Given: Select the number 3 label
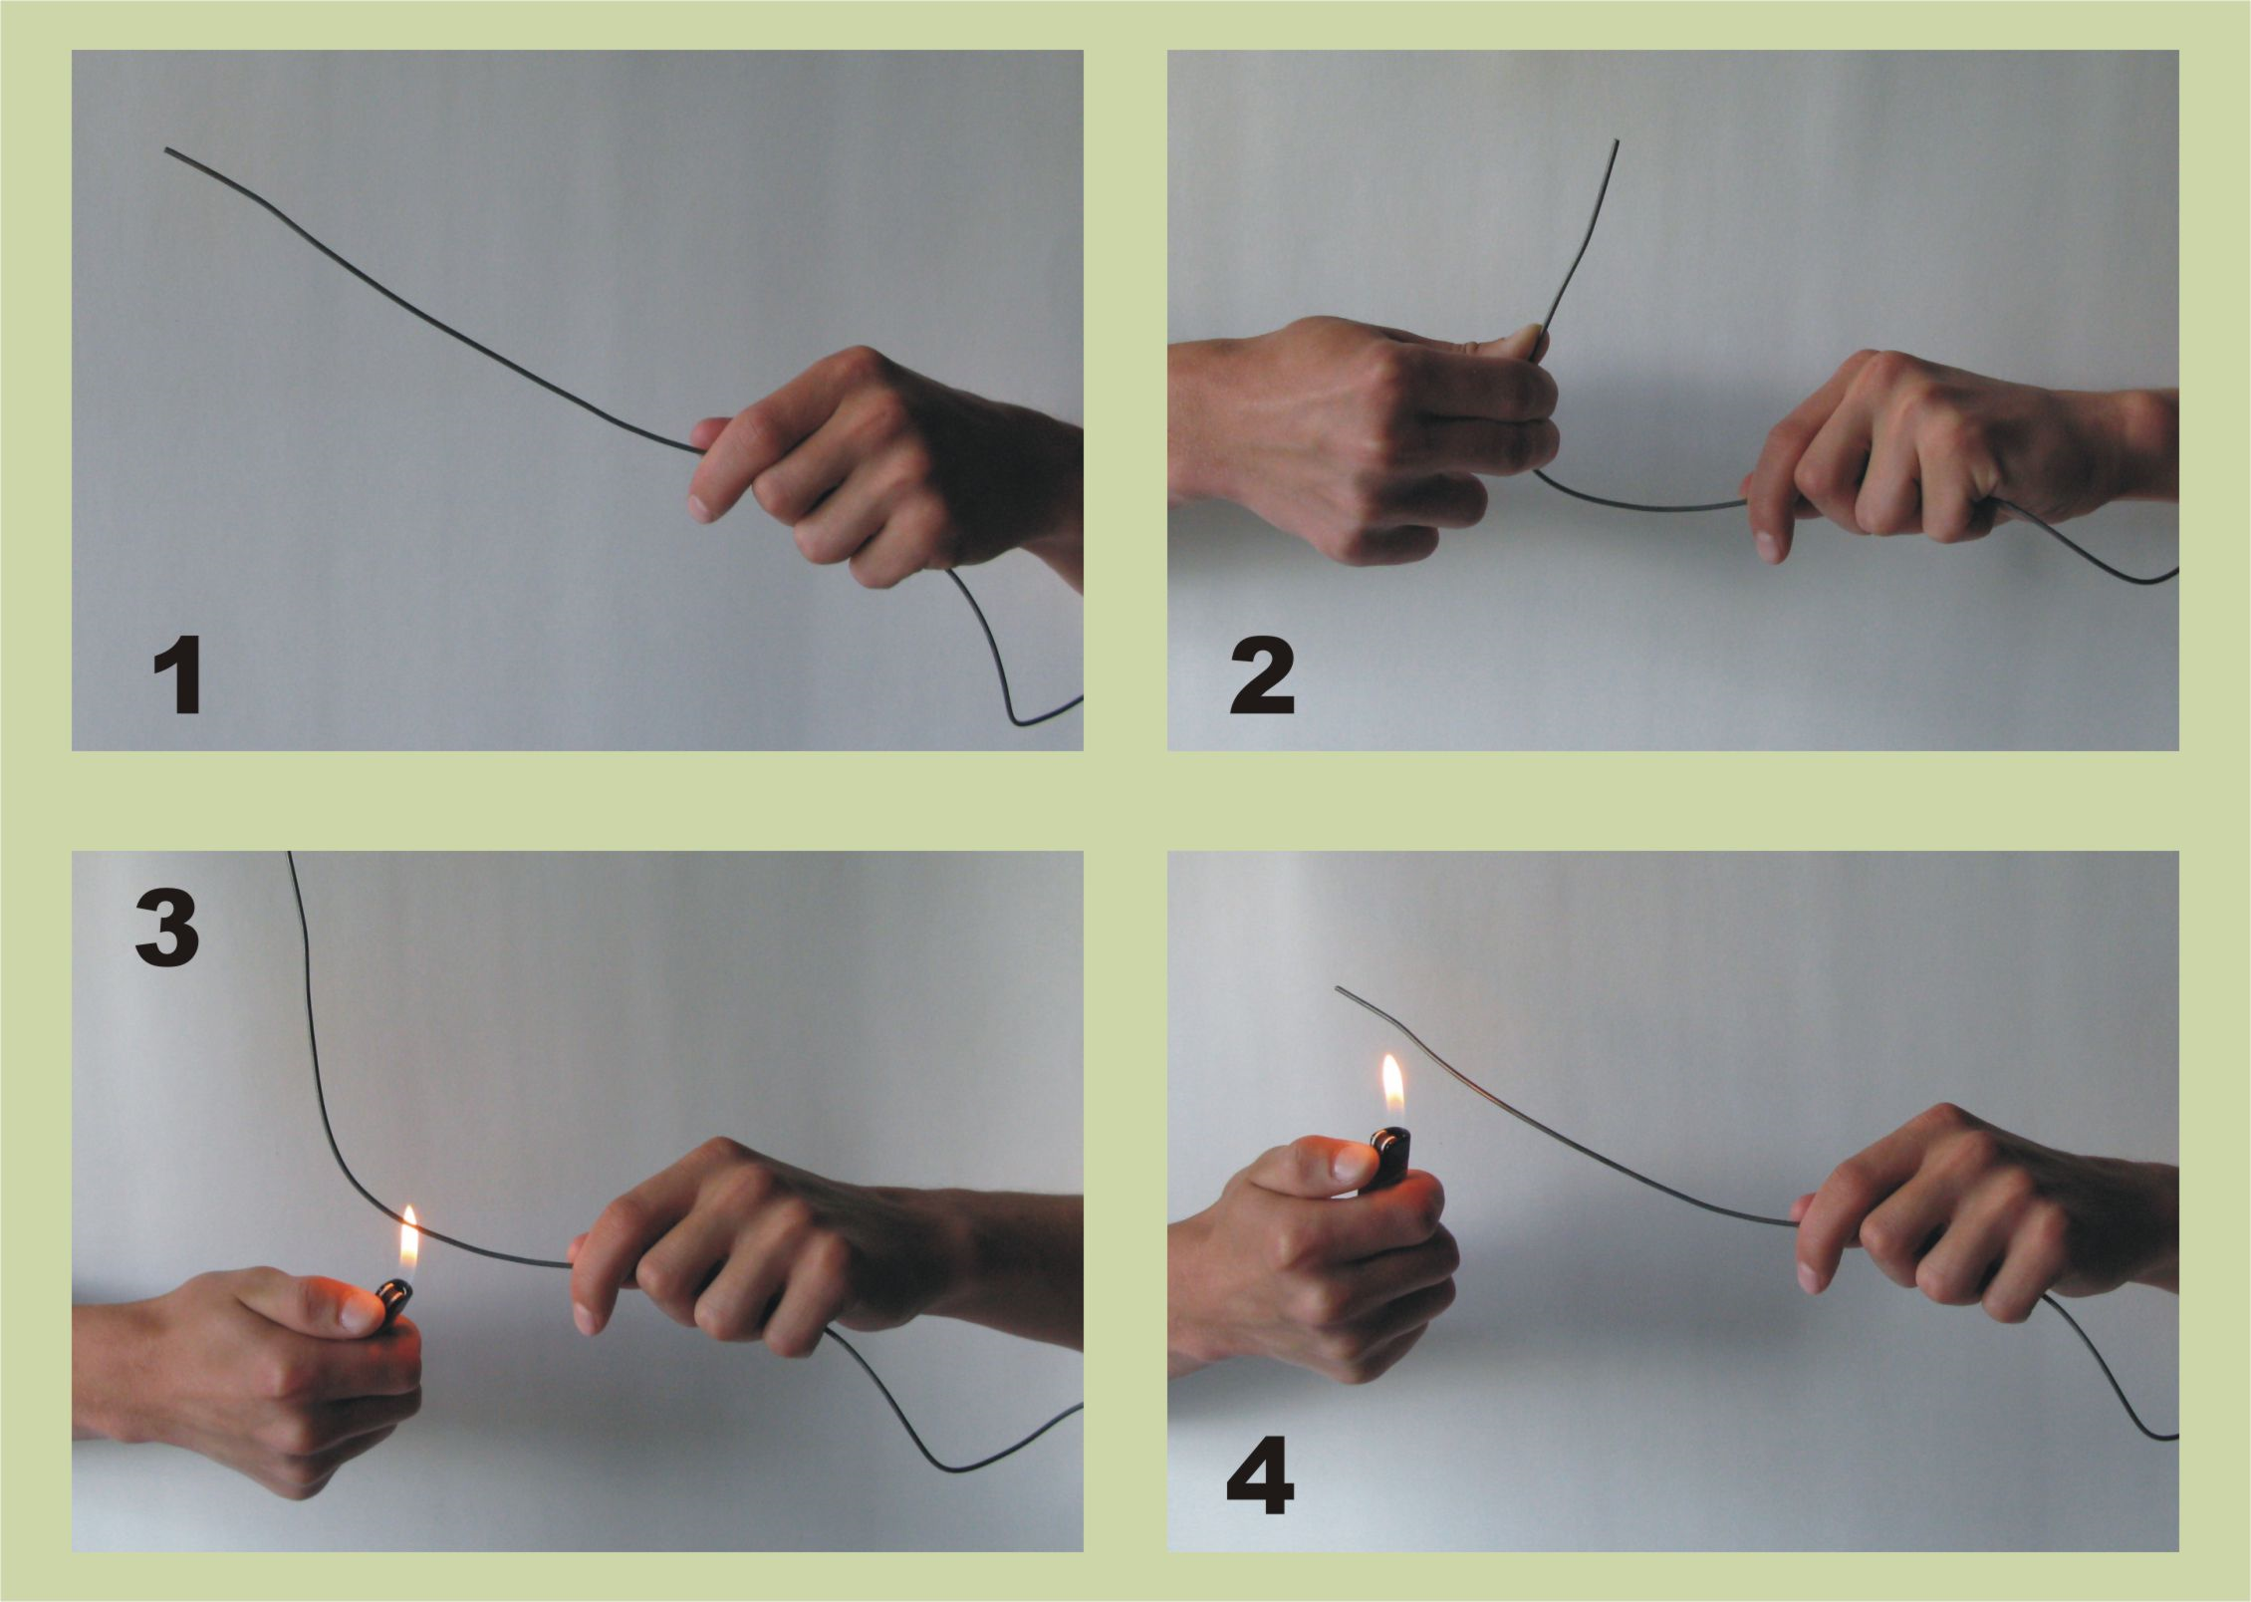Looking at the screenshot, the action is (167, 929).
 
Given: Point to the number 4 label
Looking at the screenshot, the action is (1261, 1480).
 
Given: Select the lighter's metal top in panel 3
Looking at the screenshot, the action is (395, 1294).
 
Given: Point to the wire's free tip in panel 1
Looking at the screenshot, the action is (167, 150).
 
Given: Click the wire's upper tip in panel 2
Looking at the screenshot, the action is (1617, 142).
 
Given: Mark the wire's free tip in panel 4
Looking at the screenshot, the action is (1338, 989).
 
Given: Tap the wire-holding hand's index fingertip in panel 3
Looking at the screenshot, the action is (585, 1318).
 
